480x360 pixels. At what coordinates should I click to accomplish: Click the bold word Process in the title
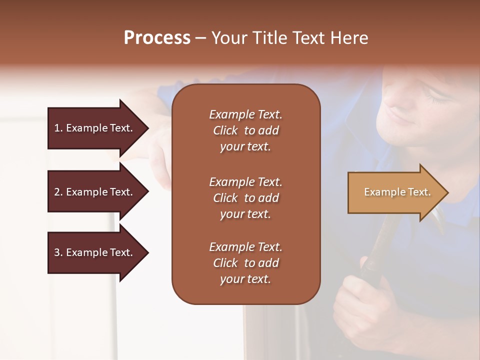click(157, 38)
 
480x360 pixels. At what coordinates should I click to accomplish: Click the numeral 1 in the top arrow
click(56, 128)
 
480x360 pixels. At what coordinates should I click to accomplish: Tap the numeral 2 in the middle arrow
click(57, 192)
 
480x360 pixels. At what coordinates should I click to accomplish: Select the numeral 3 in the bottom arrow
click(57, 252)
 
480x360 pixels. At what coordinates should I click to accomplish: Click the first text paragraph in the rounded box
click(245, 130)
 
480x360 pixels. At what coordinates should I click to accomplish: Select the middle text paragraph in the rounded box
click(245, 198)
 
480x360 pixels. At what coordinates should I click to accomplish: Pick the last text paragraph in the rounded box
click(245, 263)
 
